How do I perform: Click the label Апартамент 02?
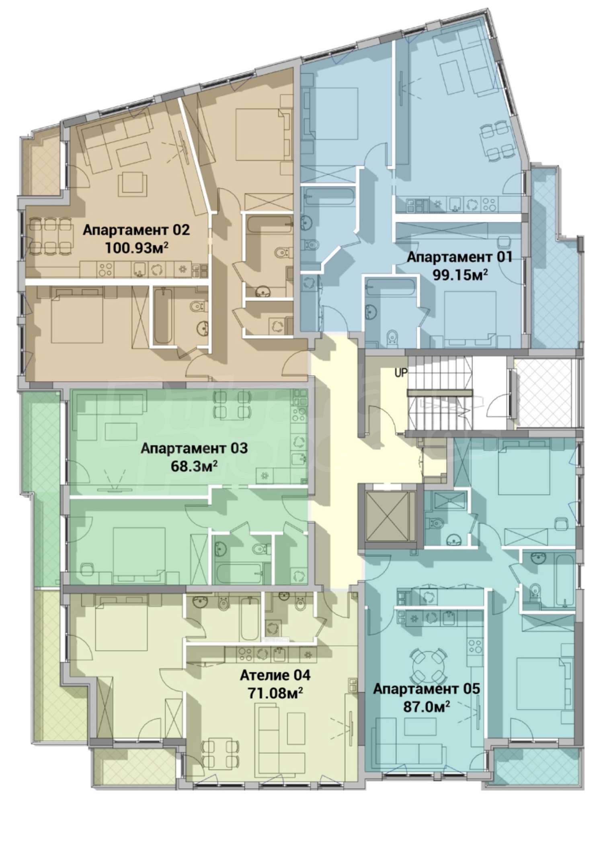[x=136, y=231]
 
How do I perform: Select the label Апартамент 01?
[x=459, y=257]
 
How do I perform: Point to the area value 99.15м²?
[x=460, y=275]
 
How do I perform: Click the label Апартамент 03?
[x=194, y=448]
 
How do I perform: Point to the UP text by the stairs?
[x=401, y=373]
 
